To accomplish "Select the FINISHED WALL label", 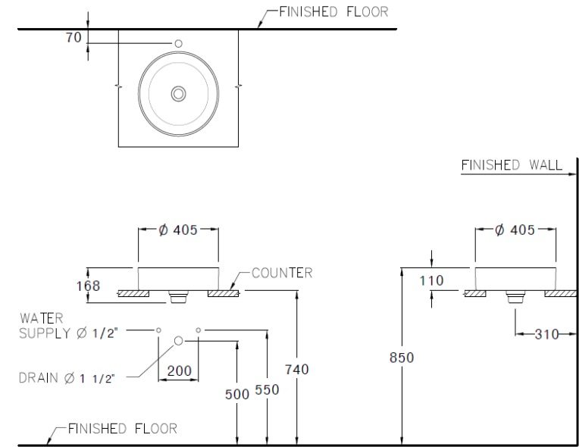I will (x=512, y=164).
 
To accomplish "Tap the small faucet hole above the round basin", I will (x=179, y=44).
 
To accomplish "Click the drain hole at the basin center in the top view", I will (x=179, y=93).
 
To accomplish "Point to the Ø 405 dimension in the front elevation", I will (x=178, y=230).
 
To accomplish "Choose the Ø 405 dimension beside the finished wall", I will (x=515, y=230).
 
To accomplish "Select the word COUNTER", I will (x=281, y=273).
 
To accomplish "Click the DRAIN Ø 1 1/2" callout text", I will (x=67, y=378).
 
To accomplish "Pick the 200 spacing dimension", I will (x=179, y=371).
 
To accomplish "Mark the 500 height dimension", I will (x=238, y=393).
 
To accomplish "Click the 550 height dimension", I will (x=267, y=389).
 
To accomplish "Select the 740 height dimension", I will (x=296, y=369).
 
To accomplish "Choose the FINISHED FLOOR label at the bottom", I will (x=122, y=429).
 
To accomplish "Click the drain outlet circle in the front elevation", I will (x=179, y=340).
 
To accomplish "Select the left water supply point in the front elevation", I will (x=159, y=330).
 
